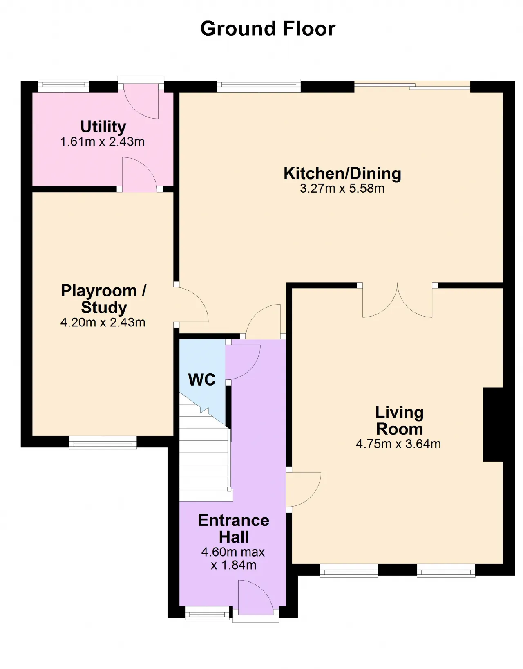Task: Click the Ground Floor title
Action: pyautogui.click(x=268, y=29)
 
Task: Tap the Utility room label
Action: pyautogui.click(x=103, y=127)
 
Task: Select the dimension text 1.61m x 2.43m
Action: pyautogui.click(x=103, y=141)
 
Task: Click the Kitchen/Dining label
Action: pyautogui.click(x=342, y=173)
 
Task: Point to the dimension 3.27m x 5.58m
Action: pyautogui.click(x=342, y=189)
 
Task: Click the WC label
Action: pyautogui.click(x=202, y=379)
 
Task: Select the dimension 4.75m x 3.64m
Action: pyautogui.click(x=398, y=444)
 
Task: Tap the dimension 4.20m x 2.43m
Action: pyautogui.click(x=103, y=322)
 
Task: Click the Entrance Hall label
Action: pyautogui.click(x=234, y=529)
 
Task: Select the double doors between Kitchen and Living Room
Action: pyautogui.click(x=397, y=300)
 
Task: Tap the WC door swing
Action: pyautogui.click(x=243, y=362)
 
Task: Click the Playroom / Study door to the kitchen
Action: pyautogui.click(x=191, y=304)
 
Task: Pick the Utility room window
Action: pyautogui.click(x=64, y=86)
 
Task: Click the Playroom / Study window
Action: pyautogui.click(x=103, y=442)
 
